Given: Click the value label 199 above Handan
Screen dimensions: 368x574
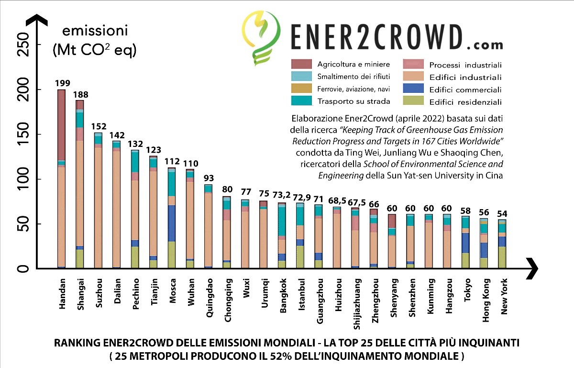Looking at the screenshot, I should click(61, 83).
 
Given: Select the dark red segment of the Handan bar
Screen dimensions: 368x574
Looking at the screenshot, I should click(61, 124).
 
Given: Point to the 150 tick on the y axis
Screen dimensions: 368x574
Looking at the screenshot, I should click(23, 135).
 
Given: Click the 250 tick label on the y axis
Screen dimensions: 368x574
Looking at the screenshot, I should click(23, 45).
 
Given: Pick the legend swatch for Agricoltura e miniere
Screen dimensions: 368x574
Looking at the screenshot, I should click(302, 64).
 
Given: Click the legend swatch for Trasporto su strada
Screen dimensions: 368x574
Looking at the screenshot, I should click(302, 101).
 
